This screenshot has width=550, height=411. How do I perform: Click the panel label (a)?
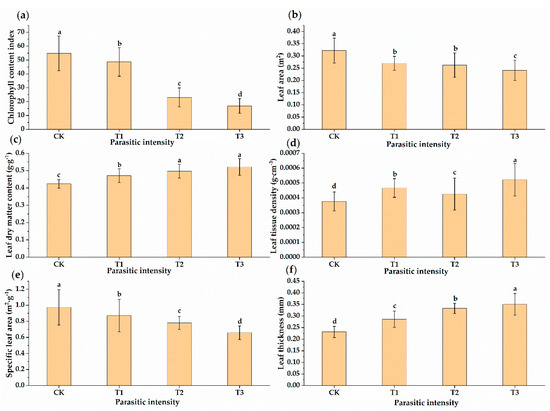15,8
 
